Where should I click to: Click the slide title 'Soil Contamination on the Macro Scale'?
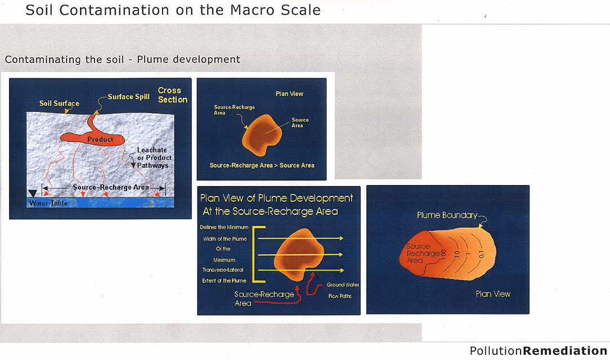(173, 10)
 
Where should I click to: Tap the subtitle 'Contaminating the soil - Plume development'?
(123, 60)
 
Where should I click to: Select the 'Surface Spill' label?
(128, 97)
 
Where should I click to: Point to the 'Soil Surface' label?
(59, 103)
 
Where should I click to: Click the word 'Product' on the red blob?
(100, 139)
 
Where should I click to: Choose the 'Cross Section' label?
(173, 95)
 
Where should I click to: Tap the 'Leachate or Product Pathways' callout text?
(154, 157)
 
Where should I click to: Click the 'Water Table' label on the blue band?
(48, 203)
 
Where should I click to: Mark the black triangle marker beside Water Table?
(33, 193)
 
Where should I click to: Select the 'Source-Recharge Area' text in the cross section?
(111, 187)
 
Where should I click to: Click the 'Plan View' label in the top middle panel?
(289, 94)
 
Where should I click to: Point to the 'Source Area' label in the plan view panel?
(300, 123)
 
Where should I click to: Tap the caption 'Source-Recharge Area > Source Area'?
(262, 165)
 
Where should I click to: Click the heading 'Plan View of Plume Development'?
(276, 198)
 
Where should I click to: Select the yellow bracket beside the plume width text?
(258, 254)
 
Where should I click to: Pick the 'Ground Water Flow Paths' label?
(342, 290)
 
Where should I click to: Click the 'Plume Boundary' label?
(447, 215)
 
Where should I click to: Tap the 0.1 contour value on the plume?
(481, 255)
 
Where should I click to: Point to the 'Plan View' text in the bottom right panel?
(493, 294)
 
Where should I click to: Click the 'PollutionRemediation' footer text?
(539, 350)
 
